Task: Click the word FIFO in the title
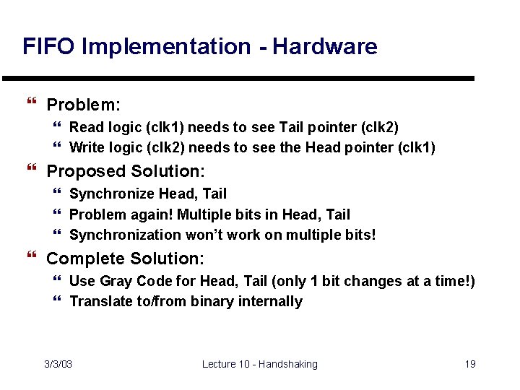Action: pos(49,47)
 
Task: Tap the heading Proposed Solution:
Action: pos(126,171)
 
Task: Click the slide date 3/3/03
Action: pos(58,364)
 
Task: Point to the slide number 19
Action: pos(469,364)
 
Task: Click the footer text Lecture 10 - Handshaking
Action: pos(259,364)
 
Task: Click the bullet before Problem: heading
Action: pos(30,105)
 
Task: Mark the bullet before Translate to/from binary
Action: pos(58,301)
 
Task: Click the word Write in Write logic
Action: pos(86,148)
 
